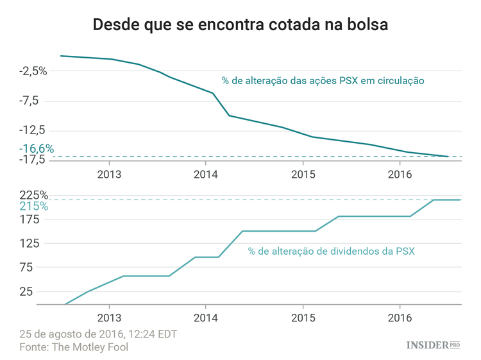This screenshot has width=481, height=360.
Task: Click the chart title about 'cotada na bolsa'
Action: click(240, 25)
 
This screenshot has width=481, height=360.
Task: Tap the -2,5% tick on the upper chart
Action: click(33, 71)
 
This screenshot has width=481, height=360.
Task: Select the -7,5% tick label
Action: click(33, 100)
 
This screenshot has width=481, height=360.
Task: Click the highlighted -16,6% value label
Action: click(37, 148)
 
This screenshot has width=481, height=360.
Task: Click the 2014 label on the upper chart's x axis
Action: click(205, 175)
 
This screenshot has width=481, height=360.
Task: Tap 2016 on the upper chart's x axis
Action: click(400, 175)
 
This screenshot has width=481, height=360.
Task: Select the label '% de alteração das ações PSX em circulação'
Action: click(323, 81)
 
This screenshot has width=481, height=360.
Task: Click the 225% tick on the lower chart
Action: click(33, 195)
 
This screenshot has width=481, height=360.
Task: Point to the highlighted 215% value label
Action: click(33, 207)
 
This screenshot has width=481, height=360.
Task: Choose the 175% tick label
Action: click(35, 219)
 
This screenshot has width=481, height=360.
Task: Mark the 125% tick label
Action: click(35, 243)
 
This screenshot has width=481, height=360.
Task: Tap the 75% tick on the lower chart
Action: click(37, 267)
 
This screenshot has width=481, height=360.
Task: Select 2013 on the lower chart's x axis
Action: click(109, 318)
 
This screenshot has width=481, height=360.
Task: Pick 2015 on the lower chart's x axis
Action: click(303, 318)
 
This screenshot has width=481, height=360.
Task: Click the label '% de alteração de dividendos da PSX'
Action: click(331, 251)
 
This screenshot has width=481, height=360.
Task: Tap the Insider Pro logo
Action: click(434, 345)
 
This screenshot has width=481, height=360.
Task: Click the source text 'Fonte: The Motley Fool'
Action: click(74, 347)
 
